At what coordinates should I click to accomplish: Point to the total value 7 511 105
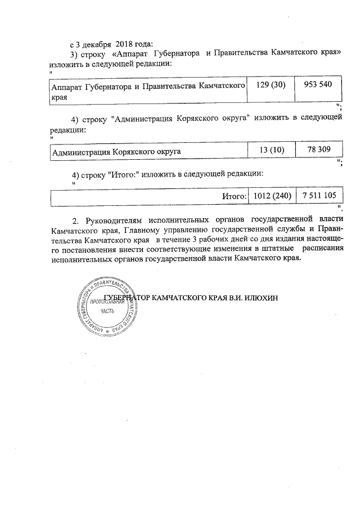319,196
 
